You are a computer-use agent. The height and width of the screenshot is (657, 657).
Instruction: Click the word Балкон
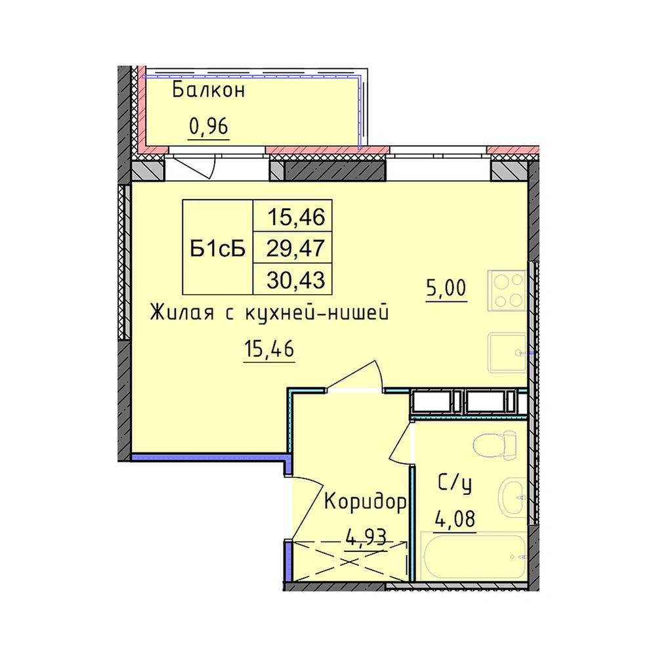click(208, 90)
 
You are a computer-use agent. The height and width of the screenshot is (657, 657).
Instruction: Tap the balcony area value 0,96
click(209, 127)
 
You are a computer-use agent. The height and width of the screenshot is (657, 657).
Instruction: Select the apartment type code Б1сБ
click(217, 249)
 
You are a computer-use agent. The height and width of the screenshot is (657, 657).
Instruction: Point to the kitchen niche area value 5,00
click(446, 289)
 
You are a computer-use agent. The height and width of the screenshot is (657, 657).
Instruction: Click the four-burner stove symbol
click(507, 290)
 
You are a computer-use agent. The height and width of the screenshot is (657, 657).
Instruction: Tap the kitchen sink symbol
click(507, 352)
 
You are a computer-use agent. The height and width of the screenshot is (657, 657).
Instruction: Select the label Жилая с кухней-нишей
click(269, 313)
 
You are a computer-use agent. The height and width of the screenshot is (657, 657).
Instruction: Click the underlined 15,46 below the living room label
click(269, 349)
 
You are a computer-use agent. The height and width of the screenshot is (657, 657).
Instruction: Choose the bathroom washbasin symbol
click(512, 498)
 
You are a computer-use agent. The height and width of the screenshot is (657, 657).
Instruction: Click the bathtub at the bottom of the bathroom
click(473, 557)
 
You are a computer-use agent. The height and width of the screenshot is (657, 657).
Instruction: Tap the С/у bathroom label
click(455, 484)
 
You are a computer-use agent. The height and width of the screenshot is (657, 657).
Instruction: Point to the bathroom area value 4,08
click(455, 520)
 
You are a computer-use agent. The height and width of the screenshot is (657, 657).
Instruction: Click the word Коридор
click(366, 502)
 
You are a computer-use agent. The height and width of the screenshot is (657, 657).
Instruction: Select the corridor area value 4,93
click(365, 538)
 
